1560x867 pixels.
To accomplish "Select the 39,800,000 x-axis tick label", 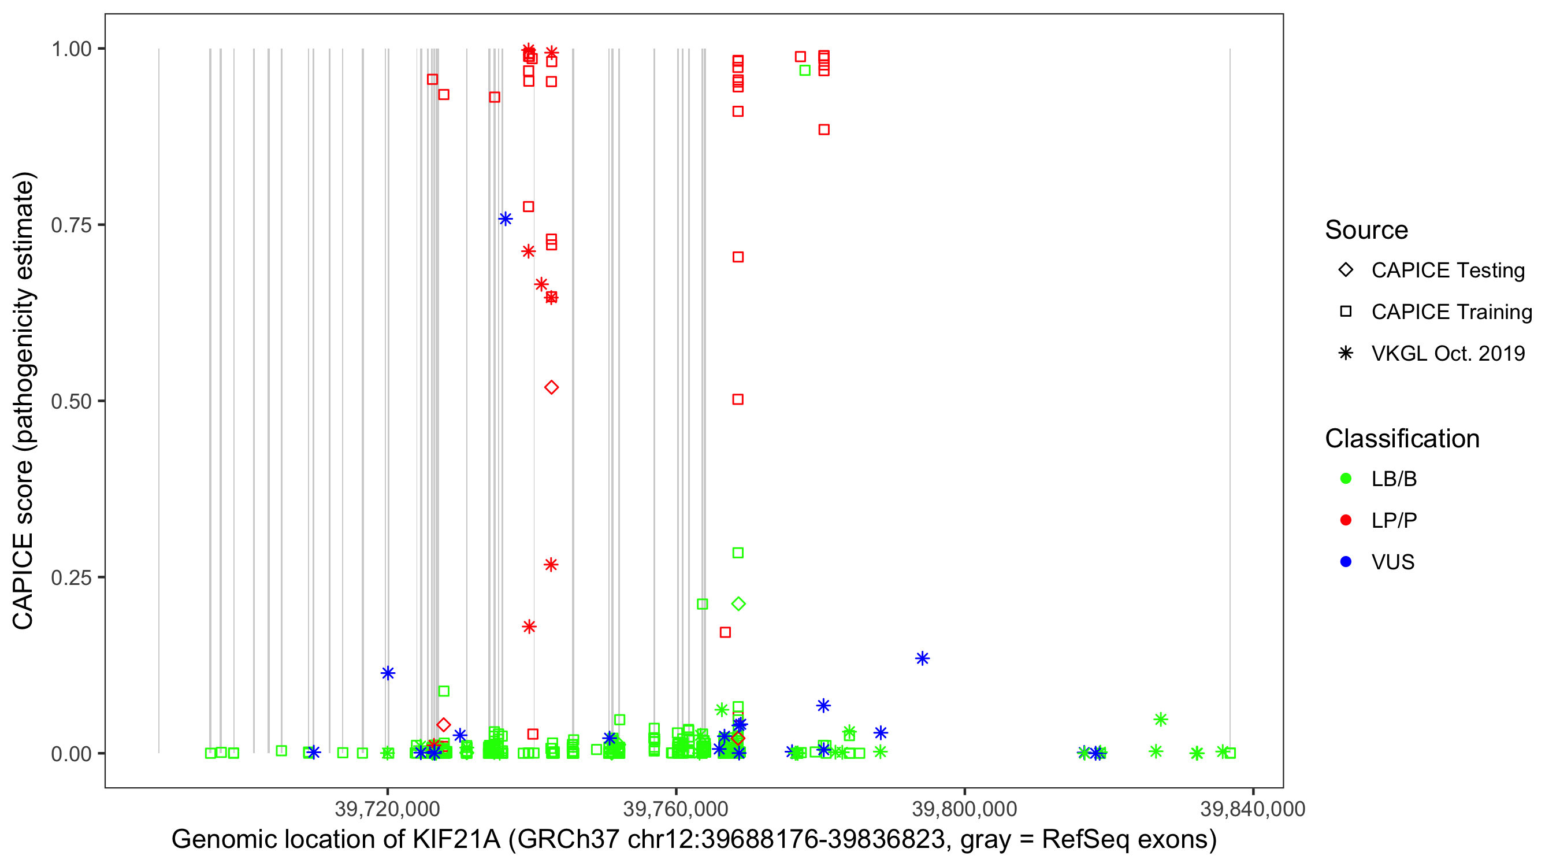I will pyautogui.click(x=964, y=809).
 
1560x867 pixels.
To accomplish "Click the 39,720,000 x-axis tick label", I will pyautogui.click(x=387, y=809).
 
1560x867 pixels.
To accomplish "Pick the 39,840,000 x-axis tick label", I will pyautogui.click(x=1253, y=809).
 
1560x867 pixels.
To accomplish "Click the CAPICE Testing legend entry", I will pyautogui.click(x=1447, y=271).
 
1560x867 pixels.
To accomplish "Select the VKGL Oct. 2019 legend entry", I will pyautogui.click(x=1447, y=353).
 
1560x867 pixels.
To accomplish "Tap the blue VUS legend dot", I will pyautogui.click(x=1346, y=562).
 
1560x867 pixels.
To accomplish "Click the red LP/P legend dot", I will pyautogui.click(x=1346, y=520).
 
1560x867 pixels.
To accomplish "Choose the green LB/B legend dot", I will pyautogui.click(x=1346, y=479).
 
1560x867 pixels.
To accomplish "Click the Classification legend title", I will pyautogui.click(x=1402, y=439).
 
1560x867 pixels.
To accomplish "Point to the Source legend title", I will pyautogui.click(x=1366, y=230).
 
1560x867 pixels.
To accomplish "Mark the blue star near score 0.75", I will pyautogui.click(x=506, y=218).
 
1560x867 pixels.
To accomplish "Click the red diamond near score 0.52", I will pyautogui.click(x=551, y=388).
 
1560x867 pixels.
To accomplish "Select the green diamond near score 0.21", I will pyautogui.click(x=738, y=603).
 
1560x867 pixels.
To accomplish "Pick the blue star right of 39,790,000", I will pyautogui.click(x=922, y=658).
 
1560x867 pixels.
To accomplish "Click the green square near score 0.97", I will pyautogui.click(x=805, y=71).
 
